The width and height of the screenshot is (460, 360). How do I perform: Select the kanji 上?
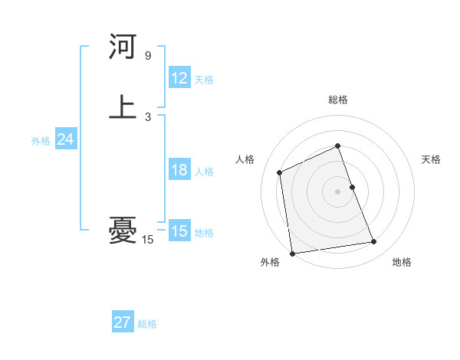pyautogui.click(x=123, y=107)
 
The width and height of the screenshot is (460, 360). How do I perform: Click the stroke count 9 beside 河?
pyautogui.click(x=148, y=56)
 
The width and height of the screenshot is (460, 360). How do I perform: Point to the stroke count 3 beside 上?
pyautogui.click(x=148, y=116)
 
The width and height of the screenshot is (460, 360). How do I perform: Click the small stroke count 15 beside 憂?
pyautogui.click(x=148, y=240)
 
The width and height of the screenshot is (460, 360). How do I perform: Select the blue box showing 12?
pyautogui.click(x=179, y=78)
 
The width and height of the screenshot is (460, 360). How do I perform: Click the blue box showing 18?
pyautogui.click(x=179, y=170)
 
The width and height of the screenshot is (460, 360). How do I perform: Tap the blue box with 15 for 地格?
pyautogui.click(x=179, y=231)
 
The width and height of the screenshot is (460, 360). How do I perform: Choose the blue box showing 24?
pyautogui.click(x=65, y=139)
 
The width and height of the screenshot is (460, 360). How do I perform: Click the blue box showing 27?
pyautogui.click(x=123, y=322)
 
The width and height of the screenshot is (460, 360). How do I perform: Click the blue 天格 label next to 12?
pyautogui.click(x=204, y=80)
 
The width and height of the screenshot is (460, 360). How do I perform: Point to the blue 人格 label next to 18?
pyautogui.click(x=204, y=172)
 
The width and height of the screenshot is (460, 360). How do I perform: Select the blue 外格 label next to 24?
pyautogui.click(x=41, y=141)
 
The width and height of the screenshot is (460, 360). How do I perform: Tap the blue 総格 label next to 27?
pyautogui.click(x=147, y=324)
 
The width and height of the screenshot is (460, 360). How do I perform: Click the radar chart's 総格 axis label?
pyautogui.click(x=338, y=100)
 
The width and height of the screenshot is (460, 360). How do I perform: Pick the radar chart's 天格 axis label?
pyautogui.click(x=432, y=159)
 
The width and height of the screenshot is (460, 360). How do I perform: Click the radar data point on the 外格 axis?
pyautogui.click(x=292, y=253)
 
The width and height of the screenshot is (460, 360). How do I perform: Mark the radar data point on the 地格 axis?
pyautogui.click(x=374, y=242)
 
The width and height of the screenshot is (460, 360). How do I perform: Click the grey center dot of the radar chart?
pyautogui.click(x=338, y=191)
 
